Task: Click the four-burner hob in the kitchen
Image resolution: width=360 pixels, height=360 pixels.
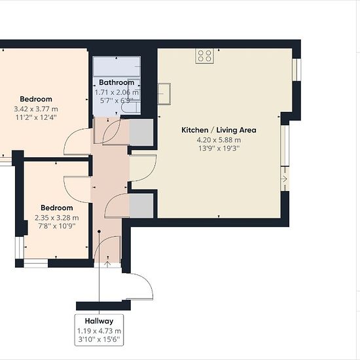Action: point(205,56)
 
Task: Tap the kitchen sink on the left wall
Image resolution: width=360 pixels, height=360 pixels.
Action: point(164,94)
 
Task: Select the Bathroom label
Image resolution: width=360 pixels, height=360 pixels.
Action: point(117,82)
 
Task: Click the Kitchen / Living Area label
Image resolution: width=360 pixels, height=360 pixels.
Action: point(219,130)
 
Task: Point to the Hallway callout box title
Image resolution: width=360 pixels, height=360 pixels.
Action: point(99,321)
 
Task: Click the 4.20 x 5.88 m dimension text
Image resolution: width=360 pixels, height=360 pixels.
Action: point(219,140)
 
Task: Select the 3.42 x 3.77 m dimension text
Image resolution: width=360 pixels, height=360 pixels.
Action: point(36,109)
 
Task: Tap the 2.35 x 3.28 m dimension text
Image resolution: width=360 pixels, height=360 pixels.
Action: point(57,218)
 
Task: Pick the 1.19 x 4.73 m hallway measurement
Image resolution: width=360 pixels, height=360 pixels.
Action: point(99,331)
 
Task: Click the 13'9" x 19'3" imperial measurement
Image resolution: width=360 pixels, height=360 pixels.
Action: point(219,149)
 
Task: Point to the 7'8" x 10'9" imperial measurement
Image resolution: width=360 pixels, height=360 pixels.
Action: point(57,226)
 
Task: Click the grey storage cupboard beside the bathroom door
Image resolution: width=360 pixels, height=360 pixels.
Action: point(141,132)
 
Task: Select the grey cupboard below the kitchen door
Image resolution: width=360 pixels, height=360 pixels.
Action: point(141,206)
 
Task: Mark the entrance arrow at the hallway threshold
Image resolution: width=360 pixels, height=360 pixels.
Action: point(107,264)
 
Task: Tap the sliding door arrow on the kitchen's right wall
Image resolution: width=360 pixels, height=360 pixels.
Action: point(285,179)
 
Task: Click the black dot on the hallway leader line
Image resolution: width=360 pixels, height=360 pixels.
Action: point(99,232)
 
